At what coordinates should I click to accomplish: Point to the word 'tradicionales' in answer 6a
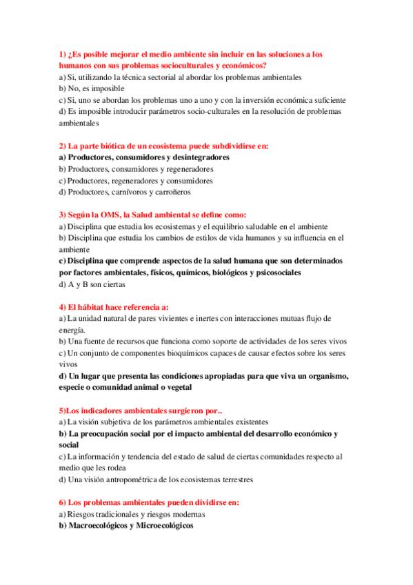coord(114,513)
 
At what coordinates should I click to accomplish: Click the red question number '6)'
coord(63,502)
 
